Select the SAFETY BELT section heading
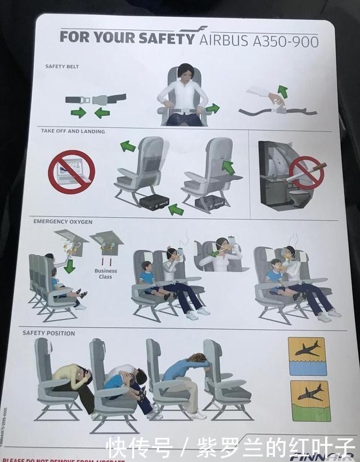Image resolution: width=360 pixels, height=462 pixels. pyautogui.click(x=62, y=66)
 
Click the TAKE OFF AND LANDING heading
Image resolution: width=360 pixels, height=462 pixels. pyautogui.click(x=73, y=131)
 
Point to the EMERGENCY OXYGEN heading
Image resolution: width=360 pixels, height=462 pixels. pyautogui.click(x=62, y=221)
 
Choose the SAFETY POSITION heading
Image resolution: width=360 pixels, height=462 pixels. pyautogui.click(x=48, y=333)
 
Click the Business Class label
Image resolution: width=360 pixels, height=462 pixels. pyautogui.click(x=106, y=273)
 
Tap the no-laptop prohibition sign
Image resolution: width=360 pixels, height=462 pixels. pyautogui.click(x=71, y=172)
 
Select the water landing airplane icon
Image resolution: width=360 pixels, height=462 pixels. pyautogui.click(x=307, y=356)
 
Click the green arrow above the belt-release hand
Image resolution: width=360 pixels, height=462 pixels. pyautogui.click(x=282, y=92)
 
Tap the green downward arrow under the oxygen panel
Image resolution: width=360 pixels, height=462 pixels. pyautogui.click(x=70, y=266)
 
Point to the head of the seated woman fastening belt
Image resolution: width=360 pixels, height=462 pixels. pyautogui.click(x=186, y=72)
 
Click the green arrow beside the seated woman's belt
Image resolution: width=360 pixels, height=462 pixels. pyautogui.click(x=213, y=107)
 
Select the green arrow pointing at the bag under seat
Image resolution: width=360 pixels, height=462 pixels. pyautogui.click(x=176, y=210)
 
